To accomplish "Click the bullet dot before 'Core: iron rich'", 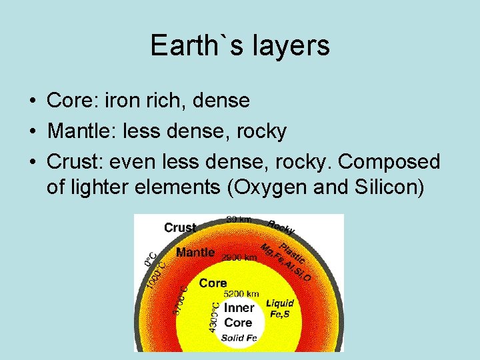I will point(32,101).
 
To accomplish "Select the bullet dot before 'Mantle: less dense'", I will point(32,132).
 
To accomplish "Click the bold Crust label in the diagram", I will point(180,227).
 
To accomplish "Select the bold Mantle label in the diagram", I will point(195,253).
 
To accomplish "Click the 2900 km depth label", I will point(239,257).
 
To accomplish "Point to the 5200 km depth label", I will point(241,293).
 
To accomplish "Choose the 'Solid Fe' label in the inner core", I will point(239,338).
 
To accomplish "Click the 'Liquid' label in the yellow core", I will point(280,302).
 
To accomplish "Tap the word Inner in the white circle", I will point(239,308).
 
